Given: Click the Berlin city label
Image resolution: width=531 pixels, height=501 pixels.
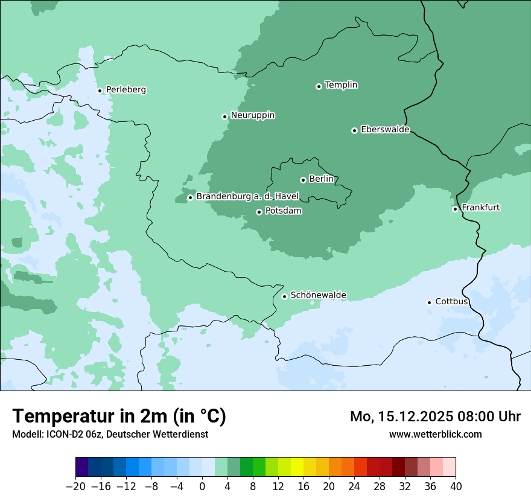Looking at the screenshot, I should (x=321, y=179).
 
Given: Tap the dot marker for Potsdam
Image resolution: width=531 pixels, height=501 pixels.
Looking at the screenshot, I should (x=259, y=212).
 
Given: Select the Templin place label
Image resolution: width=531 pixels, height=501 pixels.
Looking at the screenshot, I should (x=341, y=85).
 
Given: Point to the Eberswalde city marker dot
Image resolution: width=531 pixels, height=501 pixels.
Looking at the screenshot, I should (x=355, y=130).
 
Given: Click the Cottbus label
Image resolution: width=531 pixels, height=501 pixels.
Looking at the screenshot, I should (x=451, y=302).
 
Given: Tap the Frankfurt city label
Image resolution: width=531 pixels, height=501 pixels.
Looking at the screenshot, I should (x=480, y=208).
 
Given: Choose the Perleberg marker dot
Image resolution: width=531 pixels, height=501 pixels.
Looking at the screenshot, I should (x=100, y=91).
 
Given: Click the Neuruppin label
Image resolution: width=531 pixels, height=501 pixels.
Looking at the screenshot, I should (x=252, y=115).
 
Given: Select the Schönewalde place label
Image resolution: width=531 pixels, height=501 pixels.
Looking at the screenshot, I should (x=318, y=295).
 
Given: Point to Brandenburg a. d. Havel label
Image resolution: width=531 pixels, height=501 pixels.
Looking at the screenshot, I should (x=247, y=197).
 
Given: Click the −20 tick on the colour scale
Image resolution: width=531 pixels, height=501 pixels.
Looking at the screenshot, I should (x=75, y=485).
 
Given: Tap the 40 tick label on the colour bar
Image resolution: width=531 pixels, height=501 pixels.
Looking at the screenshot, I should (x=456, y=485).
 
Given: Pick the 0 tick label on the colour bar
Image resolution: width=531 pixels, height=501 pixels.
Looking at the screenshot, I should (x=202, y=485).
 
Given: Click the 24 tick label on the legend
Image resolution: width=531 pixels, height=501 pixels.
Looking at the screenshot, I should (x=354, y=485).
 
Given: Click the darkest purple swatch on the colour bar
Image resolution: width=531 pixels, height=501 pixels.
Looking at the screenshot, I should (x=82, y=467).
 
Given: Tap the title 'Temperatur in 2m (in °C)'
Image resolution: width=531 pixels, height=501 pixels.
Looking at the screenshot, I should (x=119, y=416).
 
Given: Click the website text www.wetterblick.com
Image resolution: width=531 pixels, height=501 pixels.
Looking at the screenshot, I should (x=435, y=434).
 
